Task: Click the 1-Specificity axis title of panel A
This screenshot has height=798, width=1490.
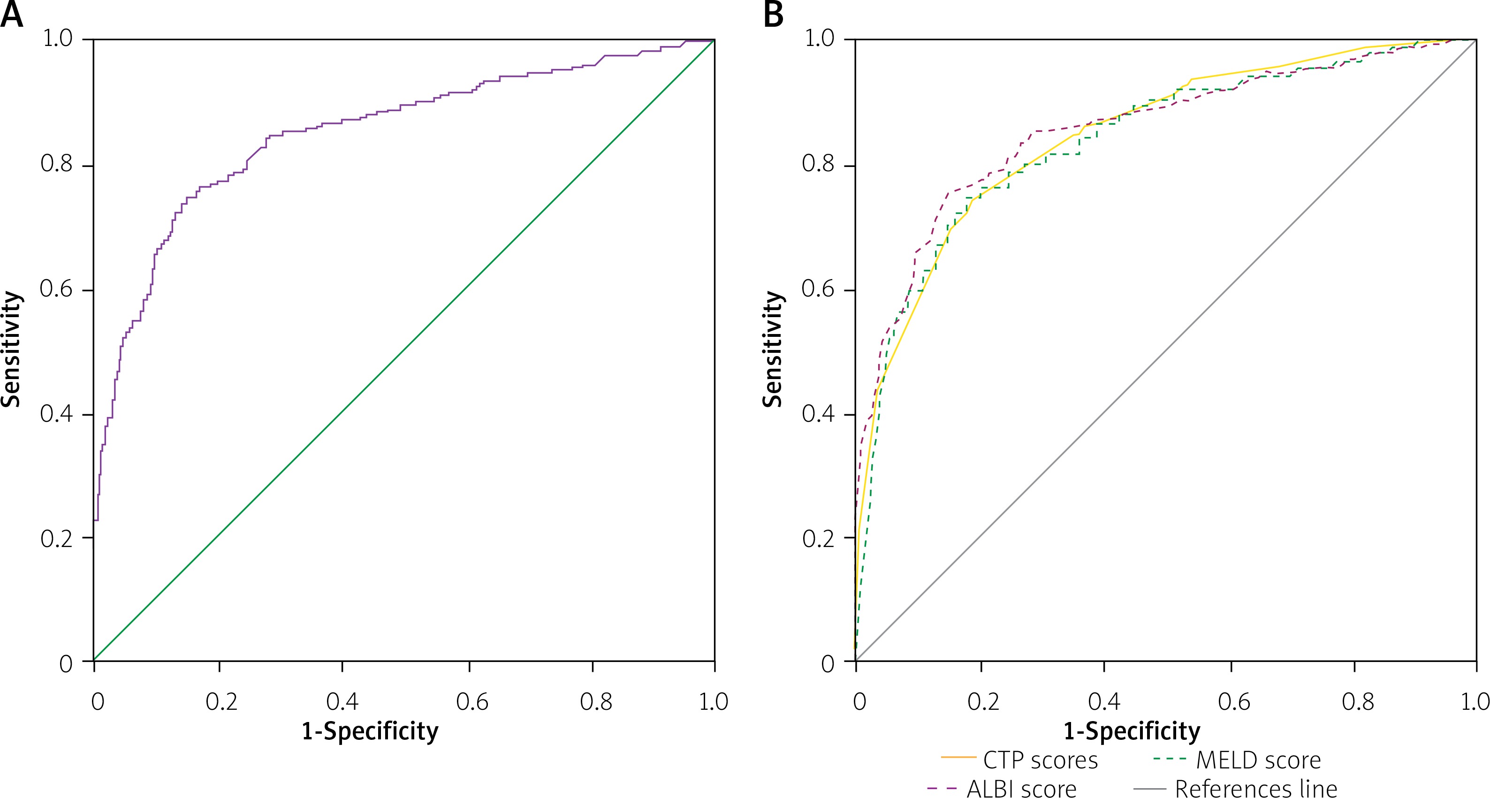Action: [x=370, y=731]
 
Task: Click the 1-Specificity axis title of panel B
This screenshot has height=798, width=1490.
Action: [x=1132, y=731]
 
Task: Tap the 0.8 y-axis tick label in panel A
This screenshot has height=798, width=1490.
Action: [x=57, y=164]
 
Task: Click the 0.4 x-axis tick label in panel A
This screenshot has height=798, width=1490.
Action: [x=342, y=701]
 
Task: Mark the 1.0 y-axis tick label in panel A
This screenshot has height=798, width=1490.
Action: [x=58, y=39]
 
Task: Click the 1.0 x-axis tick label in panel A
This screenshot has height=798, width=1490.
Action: [x=713, y=701]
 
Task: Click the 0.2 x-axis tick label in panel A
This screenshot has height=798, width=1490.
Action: [x=221, y=701]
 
